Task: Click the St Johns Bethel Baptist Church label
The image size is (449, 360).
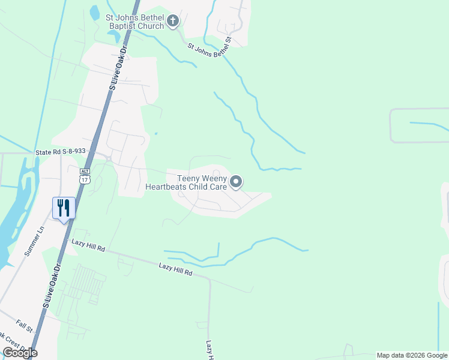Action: coord(134,22)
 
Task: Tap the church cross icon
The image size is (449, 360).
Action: coord(173,22)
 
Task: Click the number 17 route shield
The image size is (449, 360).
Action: coord(85,179)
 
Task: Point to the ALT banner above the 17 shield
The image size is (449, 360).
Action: coord(85,171)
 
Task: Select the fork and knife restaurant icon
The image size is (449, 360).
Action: coord(64,208)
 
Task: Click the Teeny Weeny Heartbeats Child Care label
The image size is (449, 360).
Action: coord(185,182)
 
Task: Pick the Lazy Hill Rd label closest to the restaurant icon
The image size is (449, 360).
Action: coord(88,244)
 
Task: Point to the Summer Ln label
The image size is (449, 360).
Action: coord(34,241)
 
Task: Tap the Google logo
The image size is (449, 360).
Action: coord(20,353)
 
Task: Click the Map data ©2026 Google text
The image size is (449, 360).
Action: coord(412,355)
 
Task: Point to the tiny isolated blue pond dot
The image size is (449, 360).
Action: coord(155,134)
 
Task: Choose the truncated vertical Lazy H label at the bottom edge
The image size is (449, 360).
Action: coord(209,350)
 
